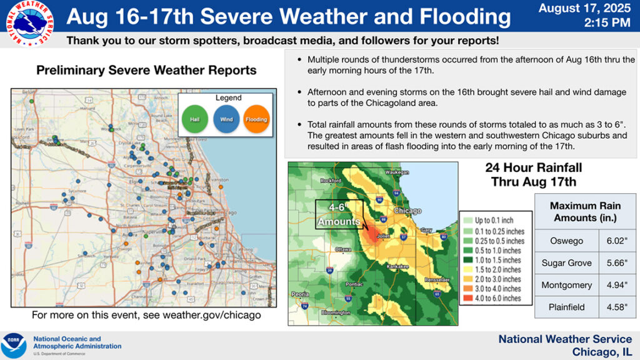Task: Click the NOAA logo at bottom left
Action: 14,346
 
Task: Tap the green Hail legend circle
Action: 194,119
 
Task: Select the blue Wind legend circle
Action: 225,119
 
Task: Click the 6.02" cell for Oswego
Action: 617,241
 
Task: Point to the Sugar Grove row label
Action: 567,262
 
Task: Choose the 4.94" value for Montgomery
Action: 617,285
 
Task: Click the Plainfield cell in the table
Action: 567,307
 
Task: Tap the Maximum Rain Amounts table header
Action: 584,211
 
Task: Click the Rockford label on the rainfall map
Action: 331,181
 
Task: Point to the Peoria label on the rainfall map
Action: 301,294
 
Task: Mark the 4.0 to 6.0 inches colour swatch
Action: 467,298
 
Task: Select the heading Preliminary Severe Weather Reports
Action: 146,70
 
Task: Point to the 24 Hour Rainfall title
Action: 533,174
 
